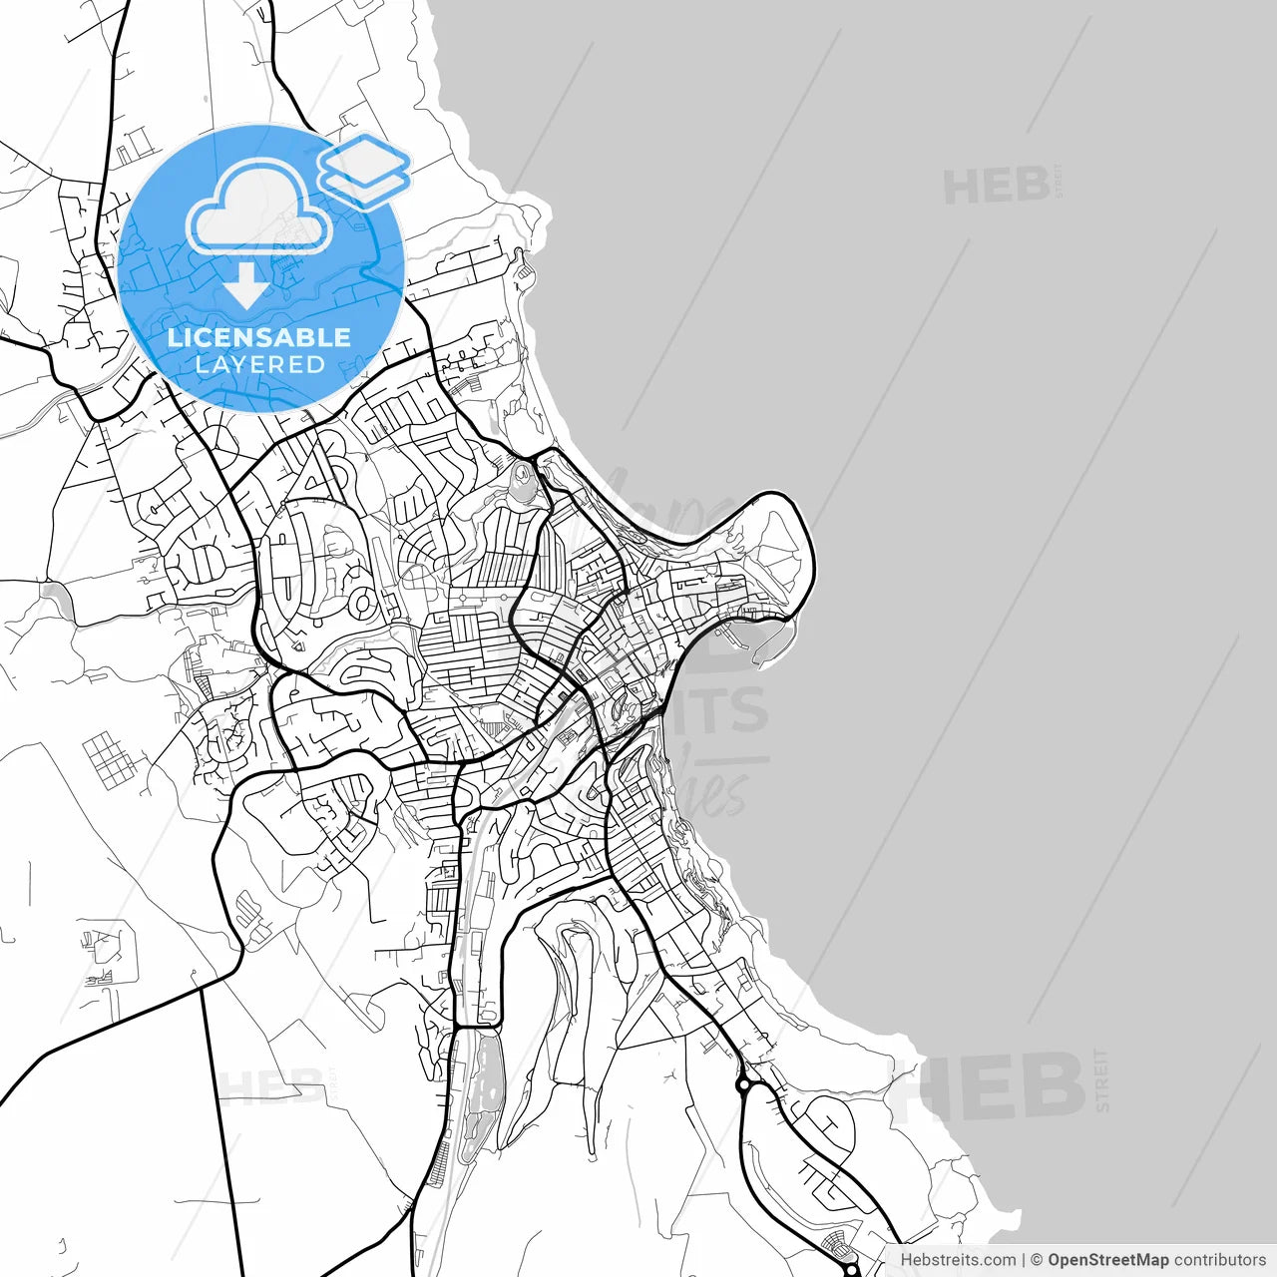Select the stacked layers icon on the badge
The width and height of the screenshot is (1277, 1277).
364,170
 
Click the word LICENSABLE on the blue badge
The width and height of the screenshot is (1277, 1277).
259,337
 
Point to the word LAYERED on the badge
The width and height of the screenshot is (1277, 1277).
259,365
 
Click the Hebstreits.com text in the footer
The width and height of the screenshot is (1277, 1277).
958,1260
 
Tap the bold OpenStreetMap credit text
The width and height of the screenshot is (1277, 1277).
1107,1260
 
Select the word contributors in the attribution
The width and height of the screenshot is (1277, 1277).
1219,1260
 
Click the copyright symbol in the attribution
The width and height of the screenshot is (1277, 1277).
1037,1260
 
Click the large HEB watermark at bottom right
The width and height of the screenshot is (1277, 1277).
988,1087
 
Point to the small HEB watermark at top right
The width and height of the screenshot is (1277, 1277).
996,187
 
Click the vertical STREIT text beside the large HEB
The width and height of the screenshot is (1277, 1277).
1101,1079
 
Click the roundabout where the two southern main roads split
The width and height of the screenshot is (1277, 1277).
743,1084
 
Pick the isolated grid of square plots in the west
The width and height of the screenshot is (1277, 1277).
109,759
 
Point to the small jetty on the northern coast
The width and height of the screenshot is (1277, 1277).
522,264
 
